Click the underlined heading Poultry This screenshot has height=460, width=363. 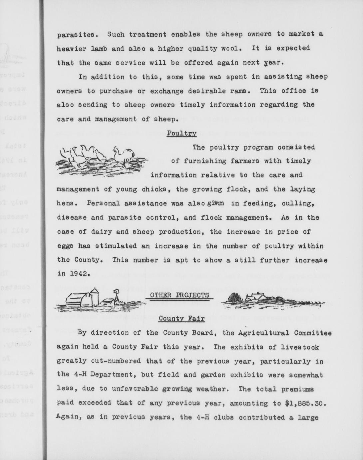(x=181, y=133)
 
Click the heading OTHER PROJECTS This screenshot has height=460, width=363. (x=180, y=295)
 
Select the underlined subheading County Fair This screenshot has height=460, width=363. (x=181, y=318)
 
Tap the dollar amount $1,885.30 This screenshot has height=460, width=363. (x=304, y=403)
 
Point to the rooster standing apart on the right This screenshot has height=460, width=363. (x=124, y=156)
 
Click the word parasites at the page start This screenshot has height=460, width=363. (x=78, y=34)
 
